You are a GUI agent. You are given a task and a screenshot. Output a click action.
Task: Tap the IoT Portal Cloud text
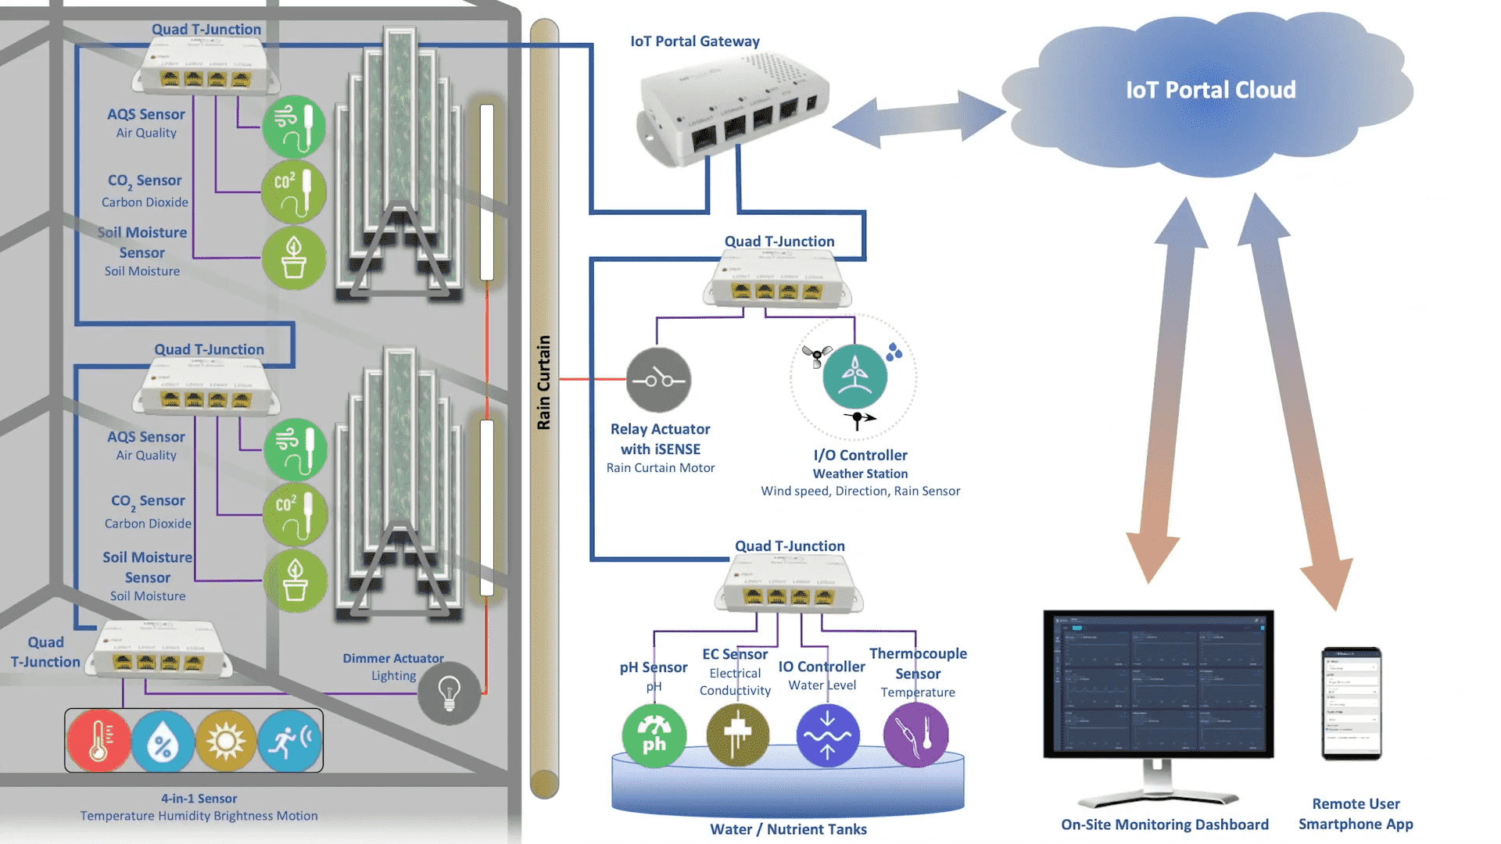pyautogui.click(x=1210, y=91)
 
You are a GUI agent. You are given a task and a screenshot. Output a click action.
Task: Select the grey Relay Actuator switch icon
pyautogui.click(x=658, y=380)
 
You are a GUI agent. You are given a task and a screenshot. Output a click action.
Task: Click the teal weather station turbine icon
pyautogui.click(x=854, y=376)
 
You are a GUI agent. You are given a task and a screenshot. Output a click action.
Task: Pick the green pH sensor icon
pyautogui.click(x=654, y=735)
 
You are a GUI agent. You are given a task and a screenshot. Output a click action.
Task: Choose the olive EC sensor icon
pyautogui.click(x=737, y=735)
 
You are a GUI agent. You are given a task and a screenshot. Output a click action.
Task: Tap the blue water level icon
pyautogui.click(x=827, y=735)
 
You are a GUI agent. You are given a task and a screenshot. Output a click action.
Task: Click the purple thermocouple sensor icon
pyautogui.click(x=915, y=735)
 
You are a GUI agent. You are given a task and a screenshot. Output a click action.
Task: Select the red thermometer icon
pyautogui.click(x=99, y=740)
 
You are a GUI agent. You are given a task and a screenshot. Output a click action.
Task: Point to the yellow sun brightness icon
pyautogui.click(x=226, y=740)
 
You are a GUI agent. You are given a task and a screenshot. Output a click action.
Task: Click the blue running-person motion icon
pyautogui.click(x=289, y=740)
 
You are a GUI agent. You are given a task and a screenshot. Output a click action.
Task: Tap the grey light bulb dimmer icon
pyautogui.click(x=449, y=692)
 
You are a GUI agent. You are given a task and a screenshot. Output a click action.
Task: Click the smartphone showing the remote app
pyautogui.click(x=1351, y=703)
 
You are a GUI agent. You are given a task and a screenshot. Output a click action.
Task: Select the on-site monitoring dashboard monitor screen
pyautogui.click(x=1158, y=684)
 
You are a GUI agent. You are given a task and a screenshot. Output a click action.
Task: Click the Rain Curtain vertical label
pyautogui.click(x=543, y=383)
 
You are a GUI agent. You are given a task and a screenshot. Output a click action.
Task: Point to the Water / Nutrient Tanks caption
pyautogui.click(x=788, y=829)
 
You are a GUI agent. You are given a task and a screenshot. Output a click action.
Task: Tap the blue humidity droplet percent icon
pyautogui.click(x=163, y=740)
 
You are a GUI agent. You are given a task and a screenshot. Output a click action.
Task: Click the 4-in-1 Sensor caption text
pyautogui.click(x=199, y=799)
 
